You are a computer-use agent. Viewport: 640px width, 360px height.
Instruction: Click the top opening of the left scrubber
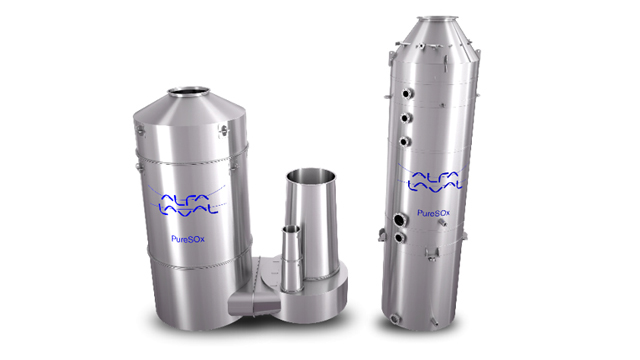pos(189,91)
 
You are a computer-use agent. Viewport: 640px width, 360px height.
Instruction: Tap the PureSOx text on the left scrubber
pos(188,239)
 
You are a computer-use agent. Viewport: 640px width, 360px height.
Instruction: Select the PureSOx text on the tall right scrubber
pos(433,213)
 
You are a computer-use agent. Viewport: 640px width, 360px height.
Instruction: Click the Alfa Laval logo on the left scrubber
pos(188,201)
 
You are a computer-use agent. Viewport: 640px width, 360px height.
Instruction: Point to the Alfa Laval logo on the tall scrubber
pos(434,178)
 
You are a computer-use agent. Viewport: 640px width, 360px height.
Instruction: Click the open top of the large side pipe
pos(311,176)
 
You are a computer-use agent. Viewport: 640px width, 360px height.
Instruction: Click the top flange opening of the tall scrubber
pos(438,18)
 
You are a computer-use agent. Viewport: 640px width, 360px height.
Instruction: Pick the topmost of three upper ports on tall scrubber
pos(407,93)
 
